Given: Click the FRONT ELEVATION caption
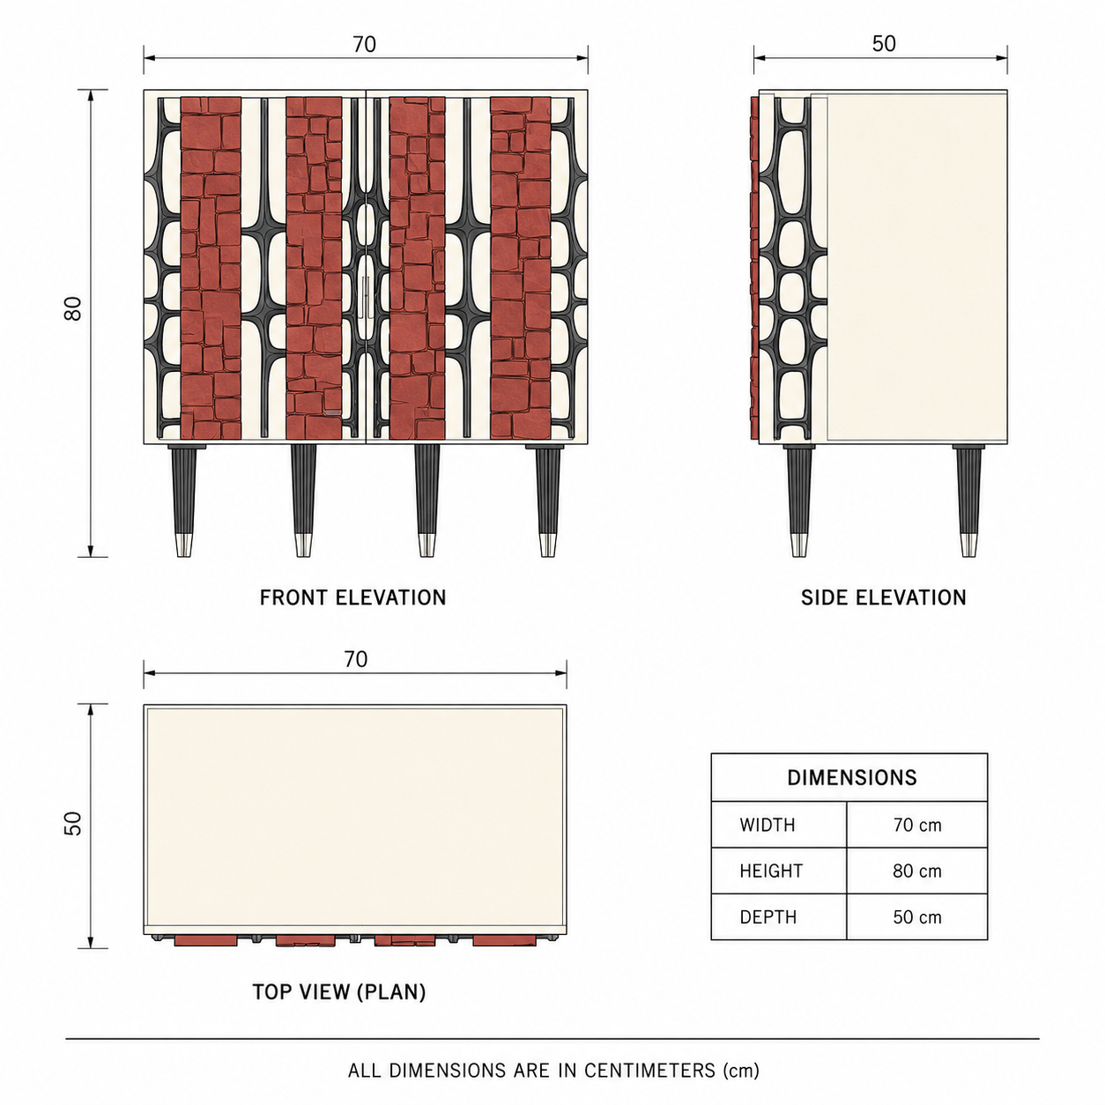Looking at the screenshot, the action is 352,598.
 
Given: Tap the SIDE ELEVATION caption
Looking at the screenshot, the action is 884,598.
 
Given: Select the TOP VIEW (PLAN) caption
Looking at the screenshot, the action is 339,991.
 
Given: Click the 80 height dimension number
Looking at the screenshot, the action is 73,309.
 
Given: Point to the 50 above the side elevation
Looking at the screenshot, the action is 884,44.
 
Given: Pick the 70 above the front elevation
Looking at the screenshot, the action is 364,45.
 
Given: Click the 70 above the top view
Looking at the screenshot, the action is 355,659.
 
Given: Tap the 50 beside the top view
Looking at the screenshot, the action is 73,823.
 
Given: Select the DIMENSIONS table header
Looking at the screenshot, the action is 852,777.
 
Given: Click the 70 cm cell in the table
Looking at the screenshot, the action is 917,825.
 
